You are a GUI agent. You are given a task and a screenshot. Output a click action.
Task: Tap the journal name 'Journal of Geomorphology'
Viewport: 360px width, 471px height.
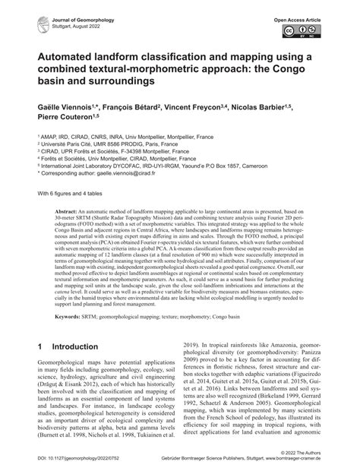coord(66,16)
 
